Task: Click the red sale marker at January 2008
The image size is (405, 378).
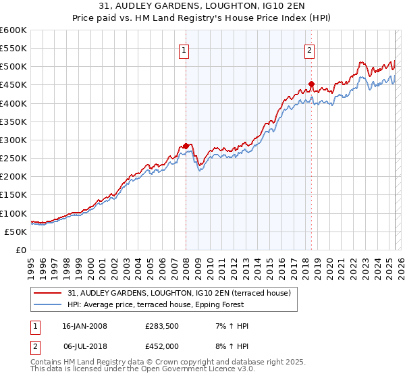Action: click(186, 146)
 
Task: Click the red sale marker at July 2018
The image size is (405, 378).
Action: click(311, 84)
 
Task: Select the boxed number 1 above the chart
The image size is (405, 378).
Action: click(184, 49)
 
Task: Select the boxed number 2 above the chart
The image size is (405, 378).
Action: click(309, 49)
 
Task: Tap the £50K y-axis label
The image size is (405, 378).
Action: click(16, 232)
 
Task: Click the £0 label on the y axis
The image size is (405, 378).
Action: click(20, 250)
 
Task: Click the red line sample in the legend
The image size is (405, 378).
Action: click(49, 293)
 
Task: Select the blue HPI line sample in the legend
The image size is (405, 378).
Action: click(49, 304)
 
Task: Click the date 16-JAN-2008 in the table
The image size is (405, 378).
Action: click(84, 326)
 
